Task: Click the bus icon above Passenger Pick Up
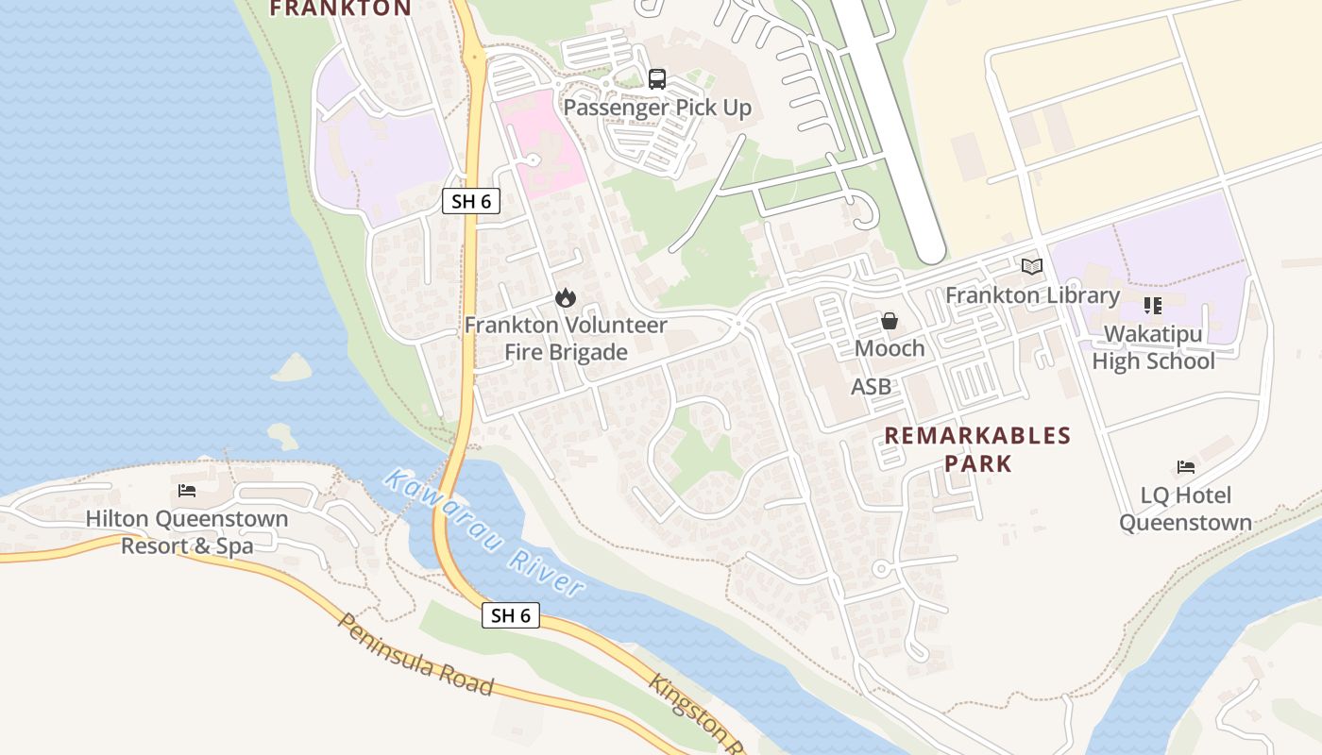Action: (657, 79)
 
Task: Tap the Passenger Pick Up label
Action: (657, 108)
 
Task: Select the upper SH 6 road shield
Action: (471, 201)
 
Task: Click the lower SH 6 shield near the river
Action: (511, 615)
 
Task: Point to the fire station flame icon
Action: (566, 298)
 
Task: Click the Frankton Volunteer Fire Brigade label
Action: (566, 339)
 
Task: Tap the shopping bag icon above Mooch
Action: (890, 321)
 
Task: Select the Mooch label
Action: (890, 348)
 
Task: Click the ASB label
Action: (871, 386)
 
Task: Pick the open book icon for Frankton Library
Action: (1032, 267)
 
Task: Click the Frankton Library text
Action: (1032, 295)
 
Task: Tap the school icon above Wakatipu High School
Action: (1153, 306)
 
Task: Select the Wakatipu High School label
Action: (1153, 347)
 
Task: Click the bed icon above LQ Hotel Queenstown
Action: (1186, 467)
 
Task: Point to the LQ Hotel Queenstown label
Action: (1186, 509)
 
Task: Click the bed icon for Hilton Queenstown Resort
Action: (187, 491)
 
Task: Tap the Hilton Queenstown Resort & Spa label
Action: (187, 532)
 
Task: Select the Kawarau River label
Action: (483, 532)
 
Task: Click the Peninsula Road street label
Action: (415, 654)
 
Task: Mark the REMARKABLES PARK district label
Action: (977, 449)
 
